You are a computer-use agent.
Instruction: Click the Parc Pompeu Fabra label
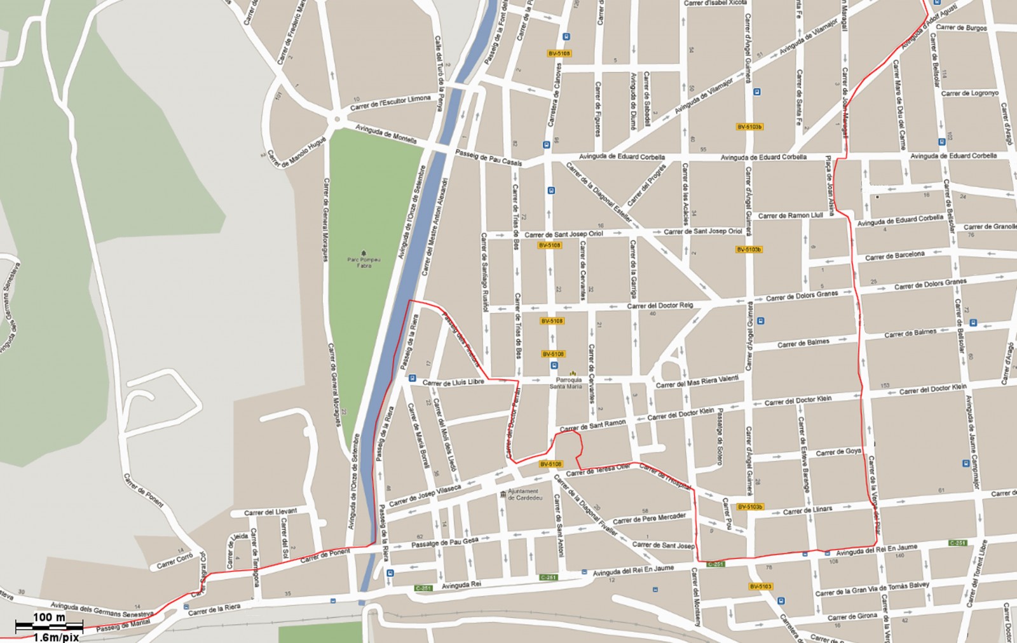coord(364,262)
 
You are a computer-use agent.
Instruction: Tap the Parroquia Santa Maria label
coord(565,382)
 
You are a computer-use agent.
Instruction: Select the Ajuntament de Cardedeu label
coord(523,494)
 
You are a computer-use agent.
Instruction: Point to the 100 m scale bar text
coord(49,618)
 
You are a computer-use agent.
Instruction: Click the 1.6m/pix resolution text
coord(56,637)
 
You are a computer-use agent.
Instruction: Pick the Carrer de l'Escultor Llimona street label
coord(390,102)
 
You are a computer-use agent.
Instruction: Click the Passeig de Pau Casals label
coord(488,158)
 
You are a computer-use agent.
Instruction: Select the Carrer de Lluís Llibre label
coord(453,382)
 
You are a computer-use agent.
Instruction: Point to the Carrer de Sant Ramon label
coord(592,425)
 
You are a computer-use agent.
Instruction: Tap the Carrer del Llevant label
coord(270,511)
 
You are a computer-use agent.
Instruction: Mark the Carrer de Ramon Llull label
coord(790,215)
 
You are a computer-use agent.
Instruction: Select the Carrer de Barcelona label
coord(894,255)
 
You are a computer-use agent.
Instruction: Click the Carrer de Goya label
coord(838,452)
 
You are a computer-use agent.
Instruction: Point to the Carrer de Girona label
coord(852,616)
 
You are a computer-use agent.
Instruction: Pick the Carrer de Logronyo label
coord(969,93)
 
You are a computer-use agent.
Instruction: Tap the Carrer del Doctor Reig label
coord(660,306)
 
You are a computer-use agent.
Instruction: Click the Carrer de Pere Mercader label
coord(649,518)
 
